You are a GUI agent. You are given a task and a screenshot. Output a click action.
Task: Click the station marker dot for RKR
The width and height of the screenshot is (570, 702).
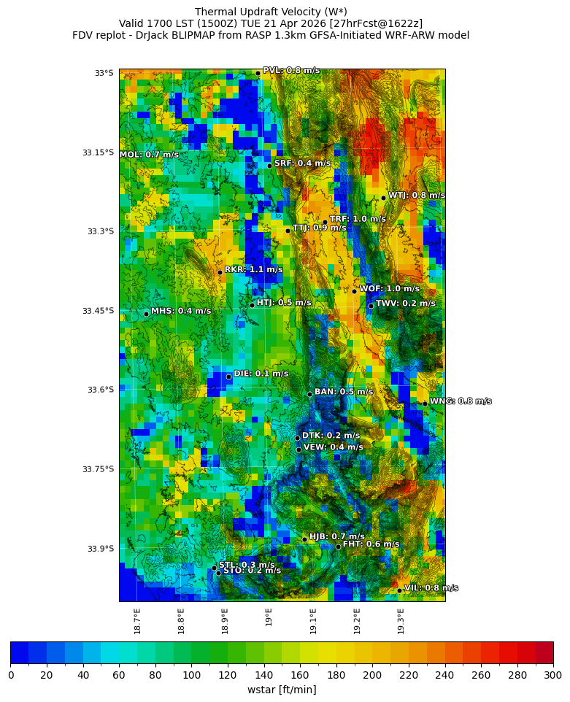[220, 272]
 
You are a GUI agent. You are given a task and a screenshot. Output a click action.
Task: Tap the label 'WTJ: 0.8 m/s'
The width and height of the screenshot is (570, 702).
[416, 196]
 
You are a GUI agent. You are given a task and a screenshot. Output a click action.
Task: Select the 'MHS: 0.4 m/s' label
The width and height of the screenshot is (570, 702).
[181, 311]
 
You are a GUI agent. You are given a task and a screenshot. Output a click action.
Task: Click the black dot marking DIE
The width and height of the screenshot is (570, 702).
[228, 377]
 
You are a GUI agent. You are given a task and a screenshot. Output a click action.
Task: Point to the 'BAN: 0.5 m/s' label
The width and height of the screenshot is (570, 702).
[343, 392]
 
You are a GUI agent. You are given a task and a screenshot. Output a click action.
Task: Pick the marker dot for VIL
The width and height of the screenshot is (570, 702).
[399, 590]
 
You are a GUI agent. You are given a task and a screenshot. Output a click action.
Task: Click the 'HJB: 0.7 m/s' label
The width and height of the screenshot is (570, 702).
[336, 536]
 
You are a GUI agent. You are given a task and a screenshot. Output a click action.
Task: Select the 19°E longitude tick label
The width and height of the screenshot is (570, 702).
[269, 617]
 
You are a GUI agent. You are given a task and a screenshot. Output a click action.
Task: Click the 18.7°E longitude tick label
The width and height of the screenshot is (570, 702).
[137, 620]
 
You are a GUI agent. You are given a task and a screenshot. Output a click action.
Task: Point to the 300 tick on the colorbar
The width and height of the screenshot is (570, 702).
[552, 675]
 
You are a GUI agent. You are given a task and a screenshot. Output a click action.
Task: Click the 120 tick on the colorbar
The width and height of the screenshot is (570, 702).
[228, 675]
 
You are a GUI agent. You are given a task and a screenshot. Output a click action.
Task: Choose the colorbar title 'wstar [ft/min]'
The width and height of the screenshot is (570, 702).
[282, 690]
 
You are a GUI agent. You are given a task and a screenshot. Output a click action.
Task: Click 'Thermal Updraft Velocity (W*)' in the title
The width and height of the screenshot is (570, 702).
[271, 12]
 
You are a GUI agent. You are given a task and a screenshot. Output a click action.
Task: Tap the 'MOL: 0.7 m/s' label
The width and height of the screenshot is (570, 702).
[149, 155]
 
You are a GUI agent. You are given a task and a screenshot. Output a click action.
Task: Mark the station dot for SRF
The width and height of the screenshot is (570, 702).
[269, 166]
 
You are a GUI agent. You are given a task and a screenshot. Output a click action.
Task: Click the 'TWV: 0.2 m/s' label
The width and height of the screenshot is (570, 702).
[405, 304]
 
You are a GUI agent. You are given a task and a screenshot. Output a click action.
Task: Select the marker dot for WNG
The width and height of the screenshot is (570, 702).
[425, 404]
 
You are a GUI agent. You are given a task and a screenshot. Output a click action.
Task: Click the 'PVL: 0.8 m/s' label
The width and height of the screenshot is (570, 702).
[290, 71]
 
